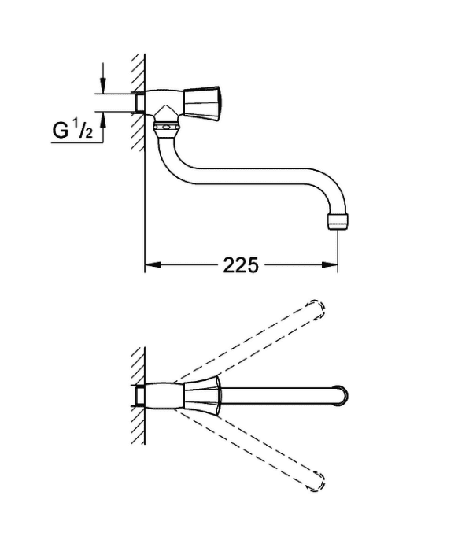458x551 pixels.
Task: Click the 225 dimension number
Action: (241, 265)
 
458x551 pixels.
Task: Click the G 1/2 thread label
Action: (72, 130)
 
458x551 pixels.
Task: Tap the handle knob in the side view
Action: (203, 102)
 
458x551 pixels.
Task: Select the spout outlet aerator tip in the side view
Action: (338, 222)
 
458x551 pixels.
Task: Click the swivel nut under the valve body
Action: (167, 128)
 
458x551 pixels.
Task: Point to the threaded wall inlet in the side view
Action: (140, 102)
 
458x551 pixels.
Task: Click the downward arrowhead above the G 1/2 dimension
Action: (103, 85)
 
